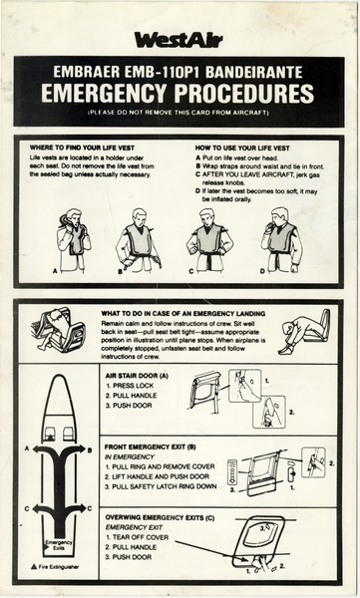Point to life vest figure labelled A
73,239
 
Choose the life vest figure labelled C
209,239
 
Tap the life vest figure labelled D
280,239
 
